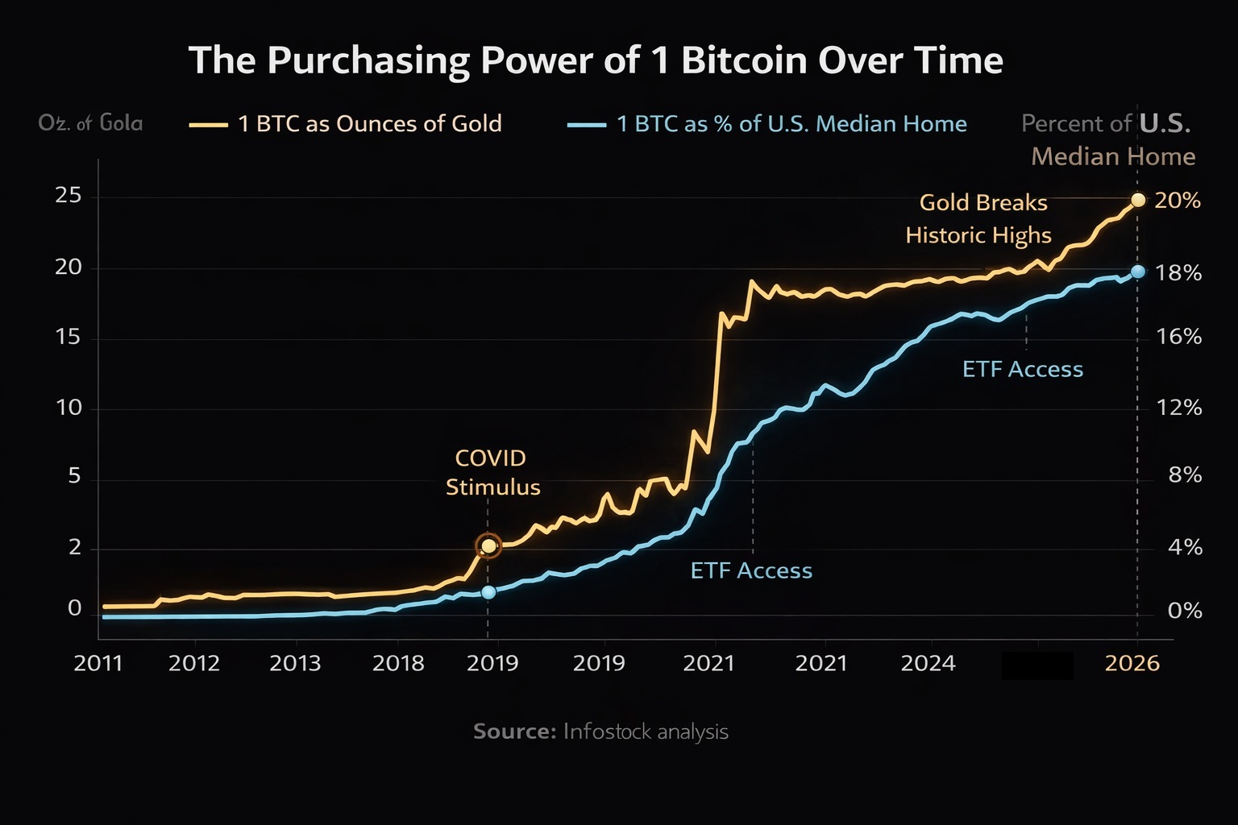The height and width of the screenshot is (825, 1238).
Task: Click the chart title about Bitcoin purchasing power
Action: [595, 60]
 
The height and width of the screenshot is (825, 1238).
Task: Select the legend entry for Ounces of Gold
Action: [347, 124]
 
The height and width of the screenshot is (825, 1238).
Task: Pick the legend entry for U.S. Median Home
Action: [767, 124]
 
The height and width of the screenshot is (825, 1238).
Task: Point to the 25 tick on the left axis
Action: [69, 196]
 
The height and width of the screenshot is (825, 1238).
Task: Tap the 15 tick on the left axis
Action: [69, 337]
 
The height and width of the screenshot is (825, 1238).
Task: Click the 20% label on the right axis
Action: [1178, 201]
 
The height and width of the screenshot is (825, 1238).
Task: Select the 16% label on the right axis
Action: [1179, 337]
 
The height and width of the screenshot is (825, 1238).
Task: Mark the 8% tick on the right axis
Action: [1185, 475]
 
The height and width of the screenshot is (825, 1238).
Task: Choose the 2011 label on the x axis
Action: [98, 664]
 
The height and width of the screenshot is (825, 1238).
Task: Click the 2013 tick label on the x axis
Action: [295, 664]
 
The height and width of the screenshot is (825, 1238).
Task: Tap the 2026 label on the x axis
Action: [1132, 664]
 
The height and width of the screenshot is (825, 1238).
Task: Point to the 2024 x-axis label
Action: [928, 664]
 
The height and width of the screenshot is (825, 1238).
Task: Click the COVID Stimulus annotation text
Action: [492, 473]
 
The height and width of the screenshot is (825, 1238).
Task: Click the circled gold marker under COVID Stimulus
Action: [488, 546]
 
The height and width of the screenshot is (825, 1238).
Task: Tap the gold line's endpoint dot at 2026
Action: [1137, 200]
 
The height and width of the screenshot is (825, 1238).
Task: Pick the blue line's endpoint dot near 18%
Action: [1137, 272]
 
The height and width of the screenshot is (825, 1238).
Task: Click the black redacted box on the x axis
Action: [1037, 665]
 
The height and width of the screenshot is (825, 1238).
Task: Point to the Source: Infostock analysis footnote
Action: [600, 732]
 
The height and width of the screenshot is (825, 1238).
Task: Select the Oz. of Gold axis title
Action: [90, 123]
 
